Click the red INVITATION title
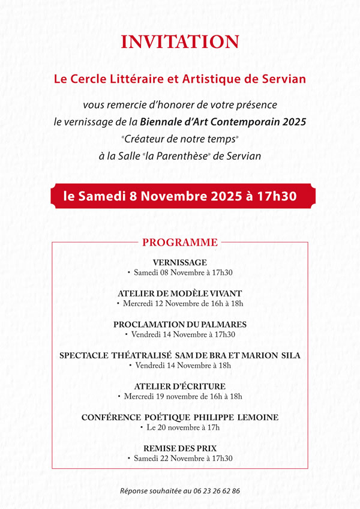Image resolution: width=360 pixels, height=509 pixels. (180, 42)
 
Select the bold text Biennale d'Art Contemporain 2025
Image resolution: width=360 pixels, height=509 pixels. (223, 122)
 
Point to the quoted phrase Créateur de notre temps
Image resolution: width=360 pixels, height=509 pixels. (180, 139)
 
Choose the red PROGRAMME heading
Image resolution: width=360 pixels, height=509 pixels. (180, 243)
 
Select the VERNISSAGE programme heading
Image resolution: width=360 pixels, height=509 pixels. (180, 262)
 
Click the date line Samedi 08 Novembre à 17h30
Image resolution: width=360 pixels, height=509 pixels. (183, 273)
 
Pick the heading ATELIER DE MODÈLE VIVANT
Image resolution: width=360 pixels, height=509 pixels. (180, 294)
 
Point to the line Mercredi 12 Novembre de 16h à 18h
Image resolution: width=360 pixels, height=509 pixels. (183, 304)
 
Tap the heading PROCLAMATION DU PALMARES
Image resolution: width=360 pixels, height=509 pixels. (180, 324)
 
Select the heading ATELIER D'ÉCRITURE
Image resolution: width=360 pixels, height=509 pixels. (180, 387)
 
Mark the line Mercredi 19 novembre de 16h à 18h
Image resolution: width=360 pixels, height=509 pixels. (183, 397)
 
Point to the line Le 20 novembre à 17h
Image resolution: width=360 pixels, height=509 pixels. (183, 427)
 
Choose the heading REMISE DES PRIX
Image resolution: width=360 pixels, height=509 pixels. (180, 448)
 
